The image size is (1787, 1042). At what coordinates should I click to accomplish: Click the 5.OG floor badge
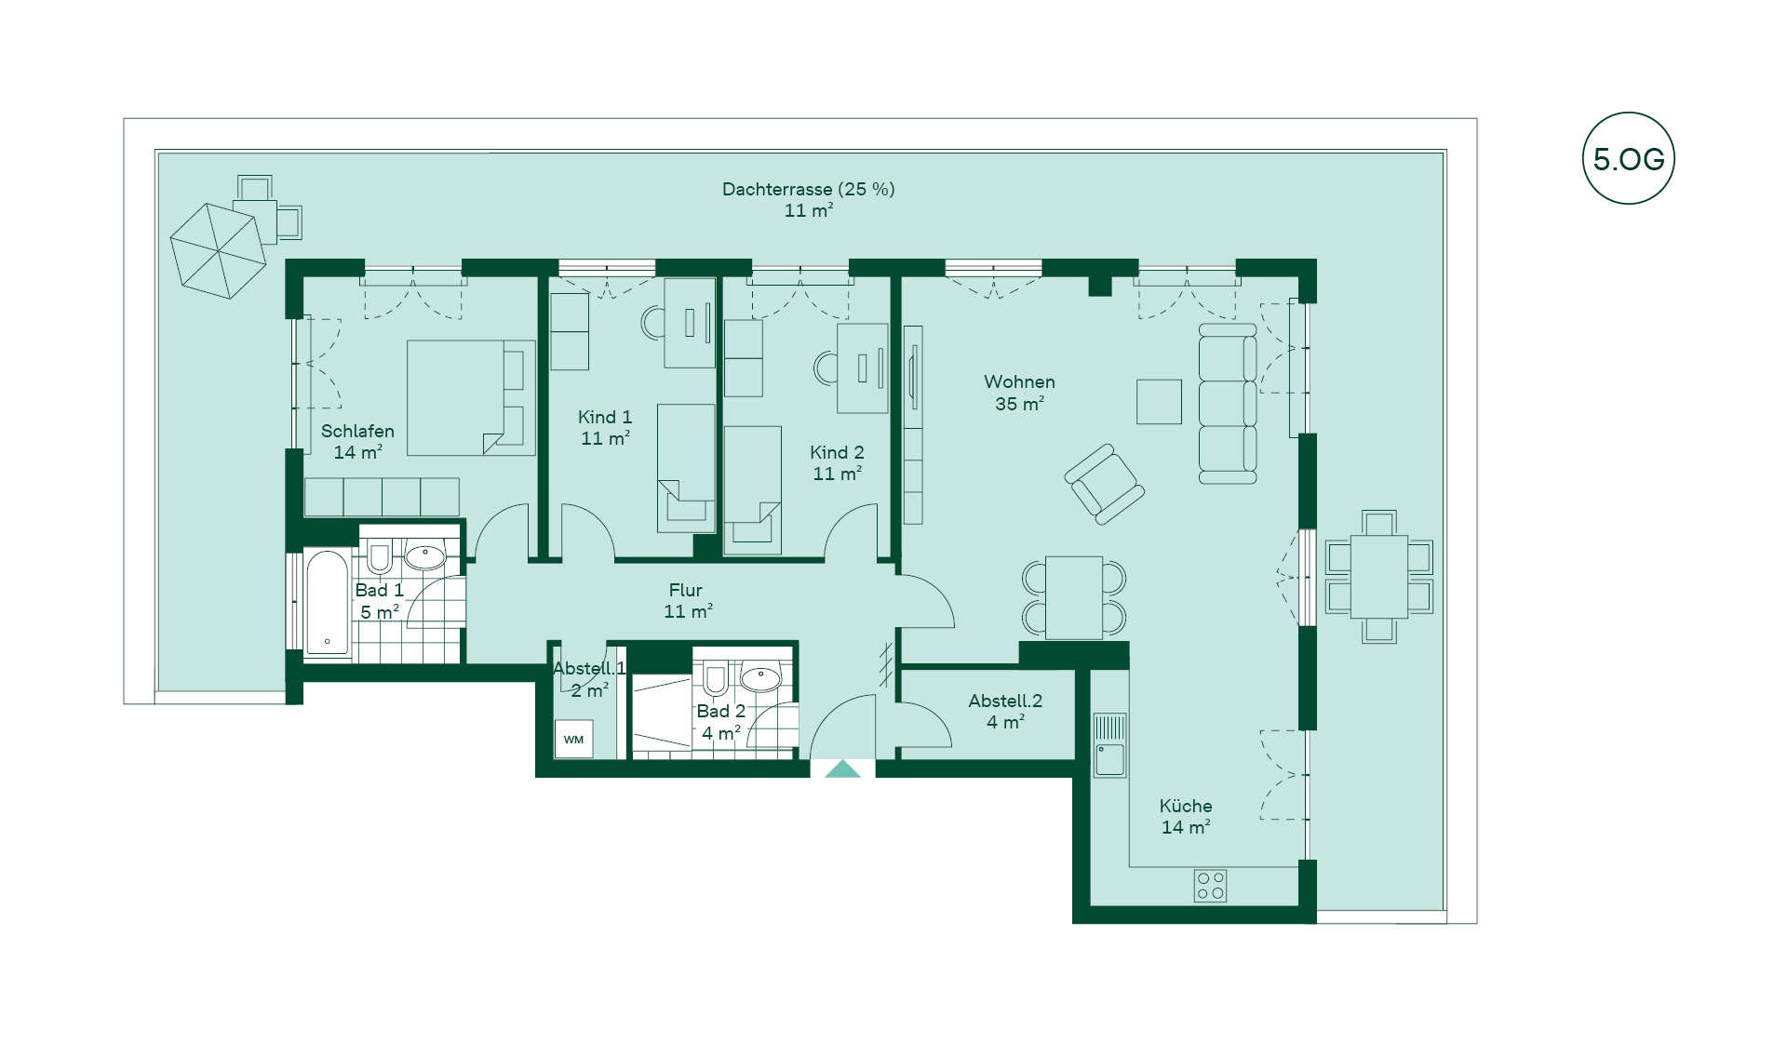pyautogui.click(x=1628, y=159)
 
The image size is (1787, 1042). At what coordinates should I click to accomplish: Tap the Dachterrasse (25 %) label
pyautogui.click(x=808, y=189)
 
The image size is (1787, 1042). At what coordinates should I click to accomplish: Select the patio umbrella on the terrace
pyautogui.click(x=213, y=250)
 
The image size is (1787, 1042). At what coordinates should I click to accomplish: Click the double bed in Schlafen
pyautogui.click(x=471, y=397)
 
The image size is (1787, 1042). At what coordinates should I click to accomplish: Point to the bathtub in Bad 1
pyautogui.click(x=328, y=604)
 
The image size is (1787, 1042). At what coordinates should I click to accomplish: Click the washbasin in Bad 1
pyautogui.click(x=425, y=556)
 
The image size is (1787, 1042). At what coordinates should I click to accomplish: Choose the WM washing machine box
pyautogui.click(x=573, y=740)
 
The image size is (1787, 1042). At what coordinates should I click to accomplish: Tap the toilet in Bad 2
pyautogui.click(x=715, y=680)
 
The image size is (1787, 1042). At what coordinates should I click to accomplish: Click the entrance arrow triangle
pyautogui.click(x=843, y=768)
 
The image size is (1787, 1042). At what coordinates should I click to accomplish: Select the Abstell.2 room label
pyautogui.click(x=1005, y=701)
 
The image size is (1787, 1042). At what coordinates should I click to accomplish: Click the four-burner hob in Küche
pyautogui.click(x=1211, y=885)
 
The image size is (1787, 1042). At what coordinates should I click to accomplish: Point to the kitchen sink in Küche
pyautogui.click(x=1109, y=745)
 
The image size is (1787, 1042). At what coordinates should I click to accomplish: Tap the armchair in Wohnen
pyautogui.click(x=1104, y=484)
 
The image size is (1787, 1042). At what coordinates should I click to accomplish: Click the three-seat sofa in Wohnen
pyautogui.click(x=1228, y=404)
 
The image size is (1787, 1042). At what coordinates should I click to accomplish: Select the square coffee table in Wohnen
pyautogui.click(x=1159, y=402)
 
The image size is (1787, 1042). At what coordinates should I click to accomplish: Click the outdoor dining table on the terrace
pyautogui.click(x=1379, y=577)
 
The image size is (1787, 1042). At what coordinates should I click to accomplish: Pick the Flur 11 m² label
pyautogui.click(x=687, y=600)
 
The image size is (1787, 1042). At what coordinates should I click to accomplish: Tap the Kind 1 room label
pyautogui.click(x=605, y=417)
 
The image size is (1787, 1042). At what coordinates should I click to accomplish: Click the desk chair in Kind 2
pyautogui.click(x=825, y=368)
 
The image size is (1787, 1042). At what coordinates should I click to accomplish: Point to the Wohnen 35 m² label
pyautogui.click(x=1019, y=393)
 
